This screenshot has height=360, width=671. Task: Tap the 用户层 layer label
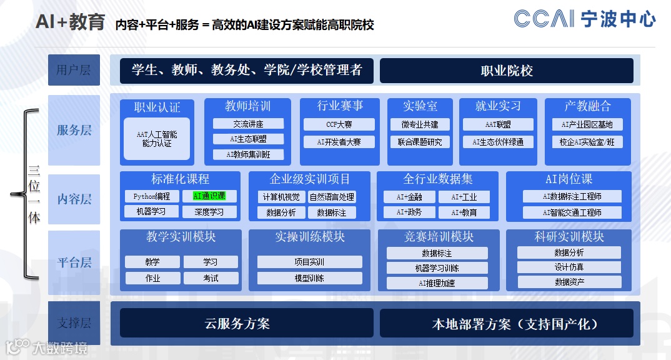pyautogui.click(x=74, y=70)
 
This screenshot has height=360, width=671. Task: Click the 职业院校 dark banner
pyautogui.click(x=506, y=71)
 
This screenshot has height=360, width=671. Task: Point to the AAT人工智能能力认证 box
pyautogui.click(x=157, y=139)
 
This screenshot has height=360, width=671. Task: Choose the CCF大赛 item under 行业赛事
pyautogui.click(x=339, y=124)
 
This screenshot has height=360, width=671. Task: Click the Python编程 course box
pyautogui.click(x=152, y=196)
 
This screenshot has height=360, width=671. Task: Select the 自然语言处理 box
pyautogui.click(x=332, y=197)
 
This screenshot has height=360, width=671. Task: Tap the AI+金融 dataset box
pyautogui.click(x=409, y=197)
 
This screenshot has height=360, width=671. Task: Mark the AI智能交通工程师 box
pyautogui.click(x=572, y=212)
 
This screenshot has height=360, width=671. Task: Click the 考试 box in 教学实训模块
pyautogui.click(x=211, y=277)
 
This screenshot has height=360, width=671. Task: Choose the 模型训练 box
pyautogui.click(x=309, y=277)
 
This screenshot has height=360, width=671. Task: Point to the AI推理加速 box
pyautogui.click(x=437, y=282)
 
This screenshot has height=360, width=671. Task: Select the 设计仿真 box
pyautogui.click(x=569, y=267)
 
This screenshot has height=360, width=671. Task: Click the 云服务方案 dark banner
pyautogui.click(x=246, y=324)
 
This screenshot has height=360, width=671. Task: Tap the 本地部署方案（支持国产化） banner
pyautogui.click(x=506, y=324)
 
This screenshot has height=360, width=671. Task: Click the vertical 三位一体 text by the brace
pyautogui.click(x=34, y=194)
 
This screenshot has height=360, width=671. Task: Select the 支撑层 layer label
pyautogui.click(x=74, y=323)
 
